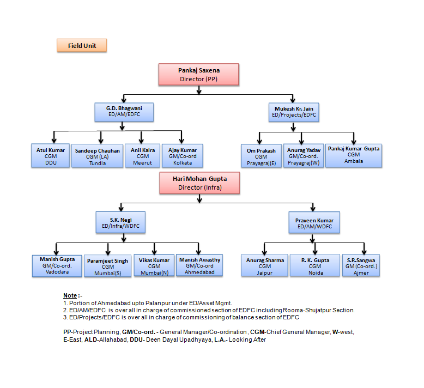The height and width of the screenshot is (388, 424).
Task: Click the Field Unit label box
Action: pyautogui.click(x=82, y=45)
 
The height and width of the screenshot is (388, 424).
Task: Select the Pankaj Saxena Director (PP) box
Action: pyautogui.click(x=199, y=75)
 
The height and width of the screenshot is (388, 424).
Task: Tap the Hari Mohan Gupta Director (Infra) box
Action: pyautogui.click(x=199, y=183)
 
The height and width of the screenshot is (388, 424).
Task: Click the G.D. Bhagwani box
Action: pyautogui.click(x=124, y=112)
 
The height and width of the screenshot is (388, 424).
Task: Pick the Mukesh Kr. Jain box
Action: pyautogui.click(x=294, y=112)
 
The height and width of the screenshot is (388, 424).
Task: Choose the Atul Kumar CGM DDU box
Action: pyautogui.click(x=51, y=156)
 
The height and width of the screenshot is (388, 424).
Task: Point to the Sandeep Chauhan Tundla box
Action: pyautogui.click(x=98, y=156)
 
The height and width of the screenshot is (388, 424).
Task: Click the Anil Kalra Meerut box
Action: pyautogui.click(x=142, y=156)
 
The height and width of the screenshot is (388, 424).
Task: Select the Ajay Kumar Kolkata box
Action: pyautogui.click(x=183, y=156)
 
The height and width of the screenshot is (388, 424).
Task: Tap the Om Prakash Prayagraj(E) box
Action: pyautogui.click(x=261, y=156)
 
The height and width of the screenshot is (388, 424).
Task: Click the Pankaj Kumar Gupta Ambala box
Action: pyautogui.click(x=354, y=156)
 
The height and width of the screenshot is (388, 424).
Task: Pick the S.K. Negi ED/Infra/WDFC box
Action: pyautogui.click(x=120, y=222)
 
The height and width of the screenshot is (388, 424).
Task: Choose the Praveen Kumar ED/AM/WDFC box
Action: pyautogui.click(x=314, y=222)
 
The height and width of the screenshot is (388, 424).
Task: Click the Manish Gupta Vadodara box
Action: pyautogui.click(x=57, y=266)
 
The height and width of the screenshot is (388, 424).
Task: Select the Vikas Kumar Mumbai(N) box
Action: pyautogui.click(x=154, y=266)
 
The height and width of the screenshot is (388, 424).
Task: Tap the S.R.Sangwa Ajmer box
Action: pyautogui.click(x=361, y=265)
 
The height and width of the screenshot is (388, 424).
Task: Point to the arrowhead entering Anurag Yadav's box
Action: pyautogui.click(x=301, y=142)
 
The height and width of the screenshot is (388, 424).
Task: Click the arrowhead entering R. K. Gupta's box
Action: pyautogui.click(x=315, y=252)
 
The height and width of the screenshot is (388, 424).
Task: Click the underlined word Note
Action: pyautogui.click(x=70, y=295)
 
